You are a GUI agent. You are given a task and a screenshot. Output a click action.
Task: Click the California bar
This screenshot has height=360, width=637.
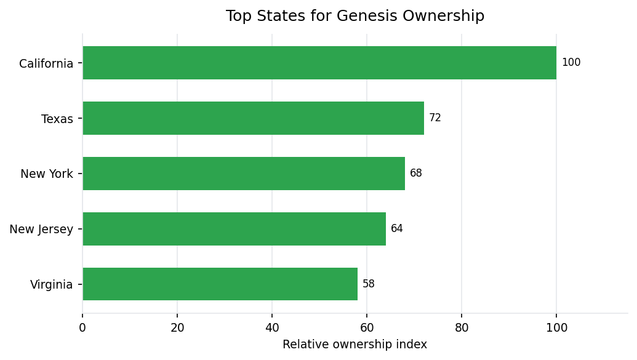click(x=319, y=63)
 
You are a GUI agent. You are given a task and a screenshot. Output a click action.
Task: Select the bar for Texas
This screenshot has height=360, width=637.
click(x=253, y=118)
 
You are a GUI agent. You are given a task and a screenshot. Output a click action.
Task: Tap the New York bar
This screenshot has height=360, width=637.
click(x=244, y=174)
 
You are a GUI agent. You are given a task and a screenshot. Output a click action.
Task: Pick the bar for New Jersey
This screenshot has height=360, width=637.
click(x=234, y=229)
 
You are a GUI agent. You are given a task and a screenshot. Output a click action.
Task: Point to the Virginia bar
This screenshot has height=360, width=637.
click(x=220, y=284)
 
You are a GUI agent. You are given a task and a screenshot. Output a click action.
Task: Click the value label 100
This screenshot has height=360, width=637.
click(x=571, y=63)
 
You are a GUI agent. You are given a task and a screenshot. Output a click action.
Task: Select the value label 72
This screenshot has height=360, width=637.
click(x=435, y=118)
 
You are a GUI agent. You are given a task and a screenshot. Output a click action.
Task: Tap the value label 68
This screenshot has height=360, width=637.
click(x=415, y=174)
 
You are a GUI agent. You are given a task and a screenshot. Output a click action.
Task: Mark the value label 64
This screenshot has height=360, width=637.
click(x=396, y=229)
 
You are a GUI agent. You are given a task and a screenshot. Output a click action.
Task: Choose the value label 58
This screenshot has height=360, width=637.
click(x=368, y=284)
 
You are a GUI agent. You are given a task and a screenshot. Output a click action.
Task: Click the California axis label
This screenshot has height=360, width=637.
click(x=46, y=63)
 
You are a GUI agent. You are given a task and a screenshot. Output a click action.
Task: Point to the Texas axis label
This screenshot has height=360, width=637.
click(x=57, y=119)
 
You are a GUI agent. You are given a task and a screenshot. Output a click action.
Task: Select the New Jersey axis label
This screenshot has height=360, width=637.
click(x=41, y=230)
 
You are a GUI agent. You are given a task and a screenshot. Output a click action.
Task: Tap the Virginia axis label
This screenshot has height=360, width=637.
click(x=52, y=285)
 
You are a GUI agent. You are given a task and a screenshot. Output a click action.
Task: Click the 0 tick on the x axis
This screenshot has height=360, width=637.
click(x=82, y=328)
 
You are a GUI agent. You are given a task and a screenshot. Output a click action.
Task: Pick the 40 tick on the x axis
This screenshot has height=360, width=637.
click(x=272, y=328)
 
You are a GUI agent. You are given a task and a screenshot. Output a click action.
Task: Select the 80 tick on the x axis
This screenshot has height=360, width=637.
click(x=462, y=328)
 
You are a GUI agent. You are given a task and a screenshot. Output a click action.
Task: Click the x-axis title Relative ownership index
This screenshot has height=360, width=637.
click(x=355, y=345)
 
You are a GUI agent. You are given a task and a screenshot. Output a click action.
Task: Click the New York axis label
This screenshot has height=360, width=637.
click(x=47, y=174)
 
